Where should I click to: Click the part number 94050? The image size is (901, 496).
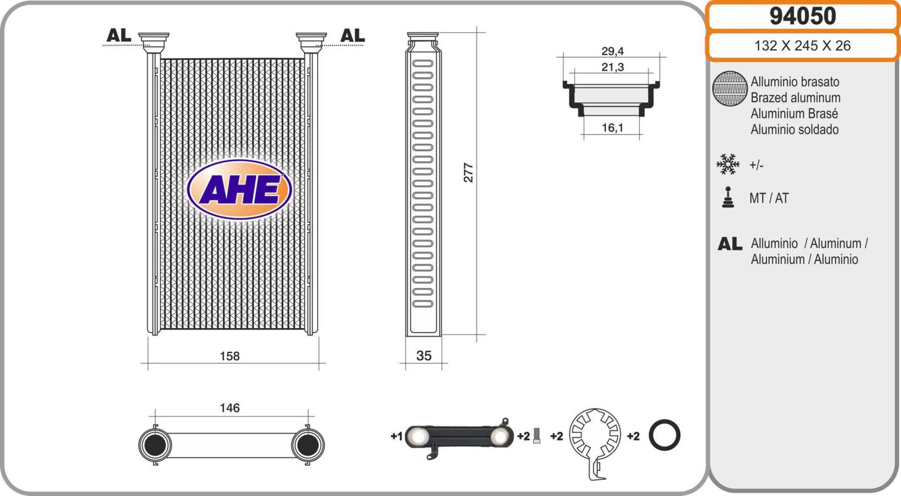[803, 16]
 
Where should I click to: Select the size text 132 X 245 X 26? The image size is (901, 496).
[802, 46]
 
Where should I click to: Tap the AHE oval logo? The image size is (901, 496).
[239, 190]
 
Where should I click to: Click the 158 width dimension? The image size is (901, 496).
[230, 356]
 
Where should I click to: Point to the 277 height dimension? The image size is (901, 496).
[469, 173]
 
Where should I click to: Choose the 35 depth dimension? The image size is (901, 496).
[424, 356]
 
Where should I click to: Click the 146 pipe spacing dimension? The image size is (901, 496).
[230, 408]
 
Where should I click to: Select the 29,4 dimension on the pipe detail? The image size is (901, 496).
[613, 51]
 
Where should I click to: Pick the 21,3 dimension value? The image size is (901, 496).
[613, 67]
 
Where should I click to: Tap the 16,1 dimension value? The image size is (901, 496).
[613, 128]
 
